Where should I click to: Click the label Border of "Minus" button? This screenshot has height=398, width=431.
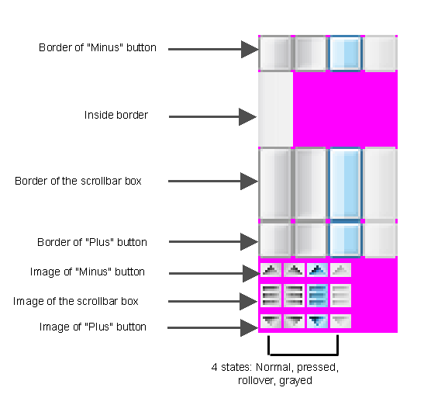click(98, 47)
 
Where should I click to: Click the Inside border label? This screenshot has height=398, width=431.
click(116, 115)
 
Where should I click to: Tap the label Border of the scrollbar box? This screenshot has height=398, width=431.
click(78, 181)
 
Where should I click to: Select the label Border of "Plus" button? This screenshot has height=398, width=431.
click(92, 242)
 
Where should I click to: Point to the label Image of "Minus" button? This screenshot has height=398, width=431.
click(88, 272)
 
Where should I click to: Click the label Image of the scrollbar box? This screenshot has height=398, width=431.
click(76, 301)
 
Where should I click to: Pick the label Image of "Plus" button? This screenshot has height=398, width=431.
click(92, 327)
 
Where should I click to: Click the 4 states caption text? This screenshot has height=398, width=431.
click(275, 374)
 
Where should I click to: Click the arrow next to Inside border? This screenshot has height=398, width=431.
click(212, 116)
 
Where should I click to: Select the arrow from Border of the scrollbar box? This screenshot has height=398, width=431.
click(213, 181)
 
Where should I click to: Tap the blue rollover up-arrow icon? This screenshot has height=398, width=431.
click(317, 270)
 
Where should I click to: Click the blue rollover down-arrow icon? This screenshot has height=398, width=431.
click(317, 321)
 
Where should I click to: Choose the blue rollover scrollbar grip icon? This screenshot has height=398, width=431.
click(317, 296)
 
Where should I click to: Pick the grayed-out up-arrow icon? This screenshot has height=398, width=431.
click(340, 270)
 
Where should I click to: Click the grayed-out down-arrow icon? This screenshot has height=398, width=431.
click(340, 321)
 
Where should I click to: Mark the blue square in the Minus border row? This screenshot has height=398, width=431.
click(345, 53)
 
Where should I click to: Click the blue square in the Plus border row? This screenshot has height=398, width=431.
click(345, 240)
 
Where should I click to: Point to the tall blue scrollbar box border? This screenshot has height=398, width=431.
click(345, 183)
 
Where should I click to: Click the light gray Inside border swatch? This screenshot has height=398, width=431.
click(275, 109)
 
